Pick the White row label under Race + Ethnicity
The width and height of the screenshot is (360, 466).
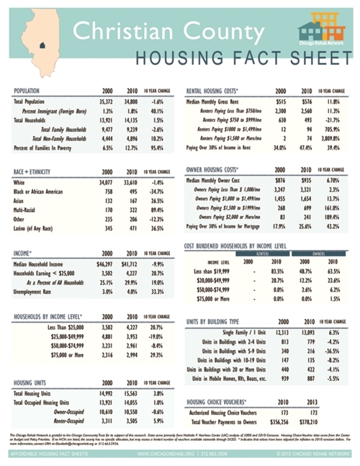19,184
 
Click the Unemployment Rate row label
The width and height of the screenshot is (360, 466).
34,292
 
